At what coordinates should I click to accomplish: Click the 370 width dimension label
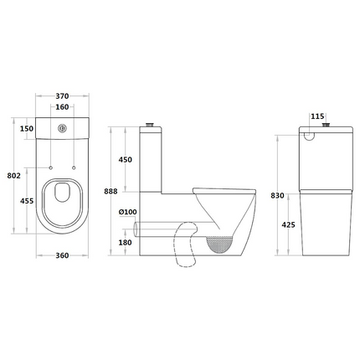click(62, 96)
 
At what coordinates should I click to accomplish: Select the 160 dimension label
click(62, 107)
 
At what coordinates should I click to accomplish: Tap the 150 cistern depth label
click(27, 129)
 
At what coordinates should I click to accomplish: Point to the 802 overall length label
click(14, 176)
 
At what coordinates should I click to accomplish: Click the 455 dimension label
click(27, 201)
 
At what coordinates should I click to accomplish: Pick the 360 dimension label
click(62, 255)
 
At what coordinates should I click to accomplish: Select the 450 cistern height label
click(125, 160)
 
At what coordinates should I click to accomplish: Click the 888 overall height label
click(111, 192)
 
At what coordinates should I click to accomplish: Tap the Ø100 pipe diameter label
click(128, 212)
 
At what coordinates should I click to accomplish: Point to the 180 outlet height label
click(125, 243)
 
